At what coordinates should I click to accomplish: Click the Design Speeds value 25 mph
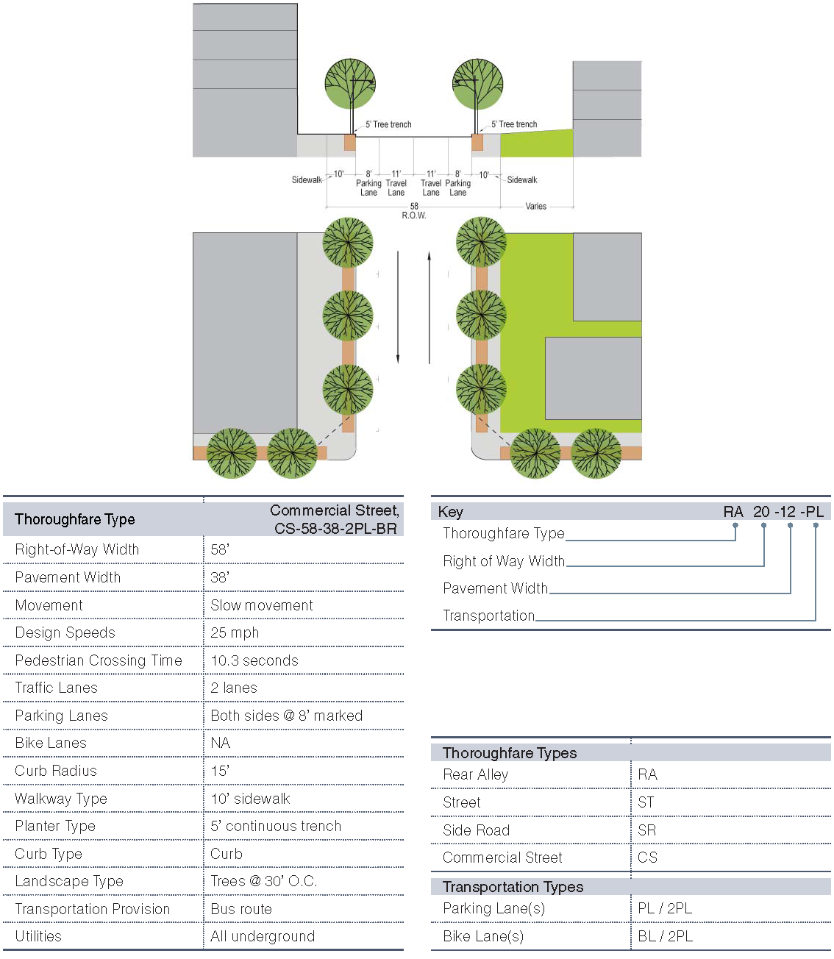coord(235,632)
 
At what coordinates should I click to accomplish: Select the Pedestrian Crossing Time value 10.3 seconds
coord(254,660)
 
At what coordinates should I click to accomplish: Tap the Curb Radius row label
coord(56,771)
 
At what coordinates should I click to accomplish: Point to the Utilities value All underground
coord(263,936)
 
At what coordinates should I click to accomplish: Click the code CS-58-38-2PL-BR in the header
coord(335,528)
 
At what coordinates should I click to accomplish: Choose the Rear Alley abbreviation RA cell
coord(648,774)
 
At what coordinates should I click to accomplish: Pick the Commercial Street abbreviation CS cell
coord(648,858)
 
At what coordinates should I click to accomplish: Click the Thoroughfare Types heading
coord(510,753)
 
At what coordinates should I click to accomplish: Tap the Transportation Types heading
coord(513,887)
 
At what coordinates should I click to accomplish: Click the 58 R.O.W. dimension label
coord(414,211)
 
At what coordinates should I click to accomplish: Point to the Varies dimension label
coord(536,207)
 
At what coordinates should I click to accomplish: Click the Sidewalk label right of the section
coord(522,180)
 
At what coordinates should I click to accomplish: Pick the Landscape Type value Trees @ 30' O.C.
coord(263,881)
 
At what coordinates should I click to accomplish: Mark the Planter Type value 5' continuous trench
coord(276,826)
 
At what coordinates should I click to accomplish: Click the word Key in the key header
coord(450,512)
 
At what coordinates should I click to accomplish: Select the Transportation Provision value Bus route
coord(241,909)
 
